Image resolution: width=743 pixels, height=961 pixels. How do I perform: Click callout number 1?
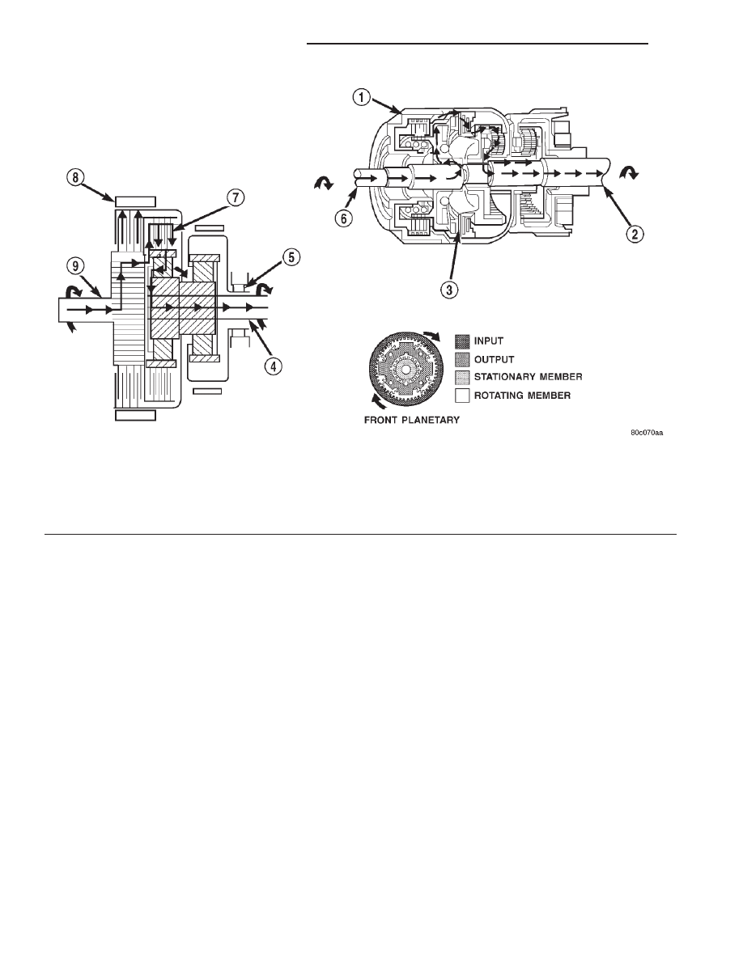pos(362,97)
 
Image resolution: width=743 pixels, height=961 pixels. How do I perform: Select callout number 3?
pos(449,290)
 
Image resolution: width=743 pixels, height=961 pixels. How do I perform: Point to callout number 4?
pos(274,366)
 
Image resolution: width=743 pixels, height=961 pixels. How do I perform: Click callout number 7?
pos(236,198)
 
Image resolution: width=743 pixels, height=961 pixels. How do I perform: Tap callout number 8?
pos(74,178)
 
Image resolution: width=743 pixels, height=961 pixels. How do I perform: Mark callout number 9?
pos(74,265)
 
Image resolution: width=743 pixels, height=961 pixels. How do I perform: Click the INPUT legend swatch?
pos(462,341)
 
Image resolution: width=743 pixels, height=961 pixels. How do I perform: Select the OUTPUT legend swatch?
pos(462,359)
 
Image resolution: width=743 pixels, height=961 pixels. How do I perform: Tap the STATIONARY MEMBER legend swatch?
pos(462,377)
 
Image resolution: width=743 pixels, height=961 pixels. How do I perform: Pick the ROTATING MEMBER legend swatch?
pos(462,396)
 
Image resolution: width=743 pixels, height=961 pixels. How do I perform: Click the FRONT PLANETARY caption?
pos(412,421)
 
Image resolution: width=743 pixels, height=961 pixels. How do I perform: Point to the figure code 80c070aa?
pos(647,433)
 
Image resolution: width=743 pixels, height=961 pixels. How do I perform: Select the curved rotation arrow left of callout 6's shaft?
pos(322,182)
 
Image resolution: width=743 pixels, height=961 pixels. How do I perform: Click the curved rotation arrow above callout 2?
pos(629,175)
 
